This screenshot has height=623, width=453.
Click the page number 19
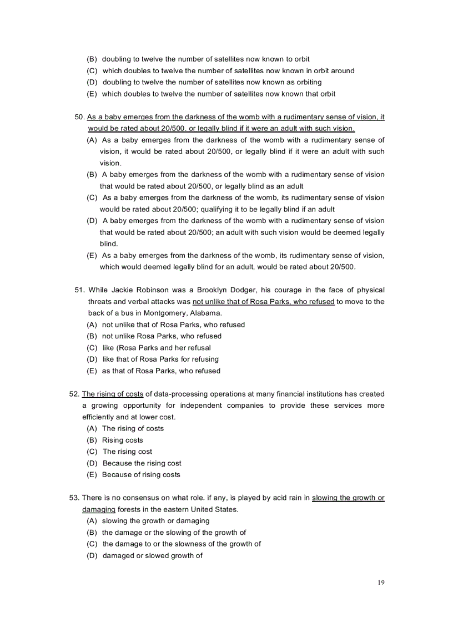380,582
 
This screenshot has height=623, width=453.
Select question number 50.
79,117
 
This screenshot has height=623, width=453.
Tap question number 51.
79,290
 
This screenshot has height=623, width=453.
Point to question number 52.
74,394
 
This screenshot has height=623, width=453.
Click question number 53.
74,498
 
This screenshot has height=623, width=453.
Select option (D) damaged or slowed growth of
145,555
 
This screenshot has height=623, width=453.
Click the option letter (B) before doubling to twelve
92,59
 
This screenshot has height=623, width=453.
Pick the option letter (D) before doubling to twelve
92,82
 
